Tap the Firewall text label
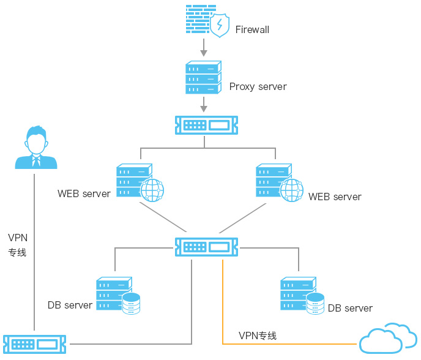click(x=252, y=29)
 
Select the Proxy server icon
click(x=203, y=78)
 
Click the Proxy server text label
click(x=258, y=86)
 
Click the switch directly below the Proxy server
click(x=206, y=125)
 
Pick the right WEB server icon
click(x=278, y=182)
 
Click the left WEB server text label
click(x=84, y=193)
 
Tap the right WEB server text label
click(x=335, y=197)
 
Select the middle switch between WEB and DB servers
click(x=206, y=247)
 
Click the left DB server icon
click(x=118, y=296)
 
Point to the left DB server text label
click(x=70, y=305)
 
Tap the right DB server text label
click(x=350, y=308)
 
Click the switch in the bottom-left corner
click(x=34, y=343)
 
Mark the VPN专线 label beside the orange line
click(x=258, y=336)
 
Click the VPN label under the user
click(x=17, y=244)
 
